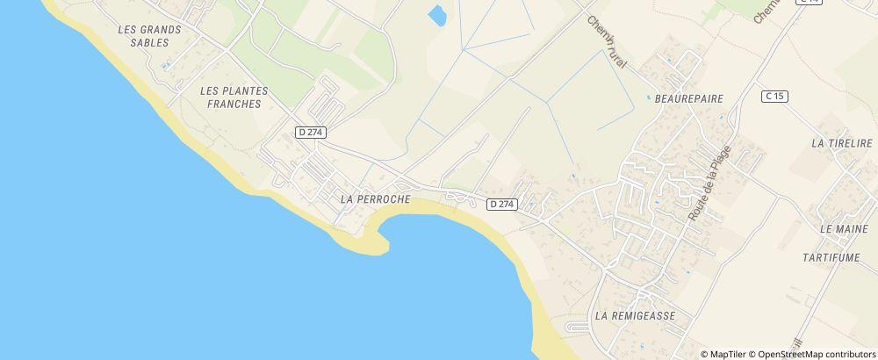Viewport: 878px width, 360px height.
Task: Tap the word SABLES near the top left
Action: point(148,42)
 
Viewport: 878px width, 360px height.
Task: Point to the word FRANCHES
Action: point(234,104)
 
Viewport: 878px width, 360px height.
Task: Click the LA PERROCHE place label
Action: point(375,199)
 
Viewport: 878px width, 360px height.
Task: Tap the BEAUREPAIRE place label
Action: point(689,99)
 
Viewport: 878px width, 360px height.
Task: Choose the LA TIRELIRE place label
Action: point(842,143)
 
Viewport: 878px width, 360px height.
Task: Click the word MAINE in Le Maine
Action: point(851,229)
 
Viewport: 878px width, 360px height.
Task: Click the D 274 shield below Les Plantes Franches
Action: point(311,132)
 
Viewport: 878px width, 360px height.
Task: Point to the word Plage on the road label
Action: point(721,158)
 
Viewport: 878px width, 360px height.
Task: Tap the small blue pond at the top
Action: point(435,14)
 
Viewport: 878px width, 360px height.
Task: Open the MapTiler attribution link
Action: point(727,354)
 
